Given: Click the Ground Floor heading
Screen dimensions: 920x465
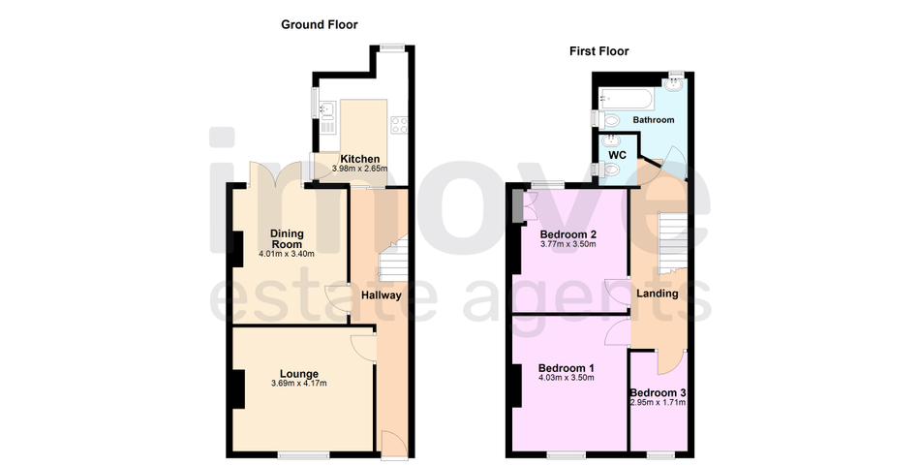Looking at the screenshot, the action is (x=320, y=24).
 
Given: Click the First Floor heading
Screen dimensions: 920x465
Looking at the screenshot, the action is (x=599, y=51).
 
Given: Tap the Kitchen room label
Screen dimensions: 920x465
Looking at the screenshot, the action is (x=359, y=159).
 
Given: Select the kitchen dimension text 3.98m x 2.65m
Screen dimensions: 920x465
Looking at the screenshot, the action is (x=359, y=169).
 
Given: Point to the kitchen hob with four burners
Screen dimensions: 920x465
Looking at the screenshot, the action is (x=400, y=125).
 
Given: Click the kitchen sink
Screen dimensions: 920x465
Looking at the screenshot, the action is (x=326, y=108).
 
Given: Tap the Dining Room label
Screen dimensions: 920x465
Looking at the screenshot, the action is (x=287, y=239).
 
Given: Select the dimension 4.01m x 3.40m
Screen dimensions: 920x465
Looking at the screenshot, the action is (x=287, y=254).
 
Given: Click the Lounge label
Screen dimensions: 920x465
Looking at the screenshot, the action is (x=298, y=374).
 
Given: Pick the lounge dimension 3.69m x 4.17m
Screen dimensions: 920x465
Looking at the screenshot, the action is (x=298, y=384).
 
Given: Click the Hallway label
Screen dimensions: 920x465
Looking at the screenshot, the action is (x=381, y=295).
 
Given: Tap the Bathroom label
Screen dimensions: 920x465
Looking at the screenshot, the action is (x=653, y=120).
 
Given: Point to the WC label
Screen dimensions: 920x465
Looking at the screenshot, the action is (x=617, y=156).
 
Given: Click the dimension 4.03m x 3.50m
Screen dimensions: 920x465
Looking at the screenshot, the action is (x=567, y=378).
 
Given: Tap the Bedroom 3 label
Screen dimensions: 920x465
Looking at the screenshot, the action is (x=658, y=392).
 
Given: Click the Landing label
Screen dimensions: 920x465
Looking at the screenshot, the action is (x=658, y=294).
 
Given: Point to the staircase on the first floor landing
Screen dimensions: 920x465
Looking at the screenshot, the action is (x=672, y=242).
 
